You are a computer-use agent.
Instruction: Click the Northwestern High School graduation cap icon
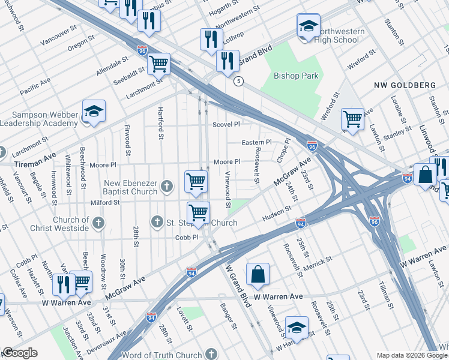pos(308,26)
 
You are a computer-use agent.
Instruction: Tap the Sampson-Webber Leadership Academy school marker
pos(94,112)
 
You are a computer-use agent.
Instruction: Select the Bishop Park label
pos(296,76)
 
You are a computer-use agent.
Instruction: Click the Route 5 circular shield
pos(238,81)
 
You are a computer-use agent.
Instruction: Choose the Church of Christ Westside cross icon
pos(99,223)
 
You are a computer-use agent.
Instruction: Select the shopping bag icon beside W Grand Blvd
pos(258,274)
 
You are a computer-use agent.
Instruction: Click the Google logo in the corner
pos(20,353)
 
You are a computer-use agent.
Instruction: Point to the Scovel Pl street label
pos(226,124)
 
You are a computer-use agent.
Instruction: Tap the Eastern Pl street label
pos(256,142)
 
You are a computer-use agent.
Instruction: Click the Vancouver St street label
pos(59,35)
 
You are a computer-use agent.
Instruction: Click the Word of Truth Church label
pos(161,355)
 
